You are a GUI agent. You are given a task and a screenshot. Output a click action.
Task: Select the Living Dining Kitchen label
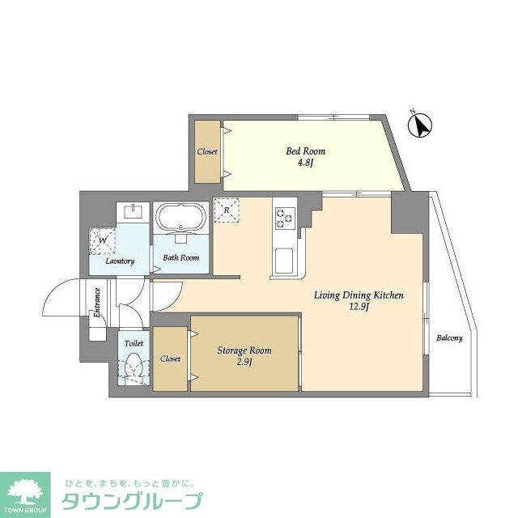point(359,295)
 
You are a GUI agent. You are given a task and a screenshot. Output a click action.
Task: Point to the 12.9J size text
point(359,308)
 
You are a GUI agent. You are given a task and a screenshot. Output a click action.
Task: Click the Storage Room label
point(244,350)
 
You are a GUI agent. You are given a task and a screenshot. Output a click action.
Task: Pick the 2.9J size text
point(244,363)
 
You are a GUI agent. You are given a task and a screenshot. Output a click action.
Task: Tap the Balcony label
point(449,338)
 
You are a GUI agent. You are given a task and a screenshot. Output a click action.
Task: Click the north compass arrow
point(419,125)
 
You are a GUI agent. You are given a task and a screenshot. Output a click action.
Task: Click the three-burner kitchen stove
point(285,216)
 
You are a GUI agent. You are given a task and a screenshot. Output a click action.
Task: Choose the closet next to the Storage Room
point(170,359)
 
